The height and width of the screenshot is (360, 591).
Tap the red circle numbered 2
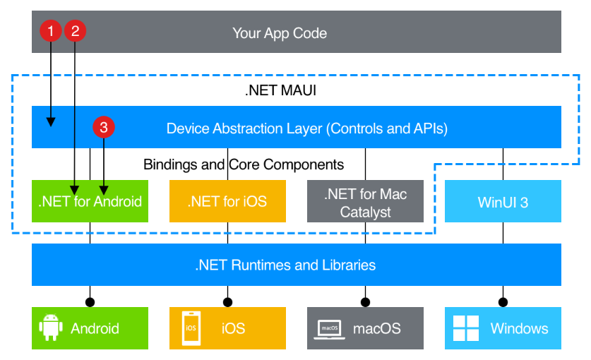75,30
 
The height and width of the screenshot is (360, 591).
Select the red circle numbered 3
104,127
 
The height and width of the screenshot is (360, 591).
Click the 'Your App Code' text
280,32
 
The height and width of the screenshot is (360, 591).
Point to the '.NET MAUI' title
280,90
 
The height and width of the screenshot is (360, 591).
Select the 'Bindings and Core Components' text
244,164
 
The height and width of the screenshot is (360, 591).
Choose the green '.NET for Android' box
90,201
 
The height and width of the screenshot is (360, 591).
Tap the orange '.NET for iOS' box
227,201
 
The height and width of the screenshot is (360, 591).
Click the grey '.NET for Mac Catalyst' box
365,201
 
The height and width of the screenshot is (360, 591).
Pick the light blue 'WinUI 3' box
503,201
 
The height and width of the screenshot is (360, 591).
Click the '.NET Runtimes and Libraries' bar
296,265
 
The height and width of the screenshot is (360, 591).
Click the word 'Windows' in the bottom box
519,328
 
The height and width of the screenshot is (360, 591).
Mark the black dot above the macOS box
365,302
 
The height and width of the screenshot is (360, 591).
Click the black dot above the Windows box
503,302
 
